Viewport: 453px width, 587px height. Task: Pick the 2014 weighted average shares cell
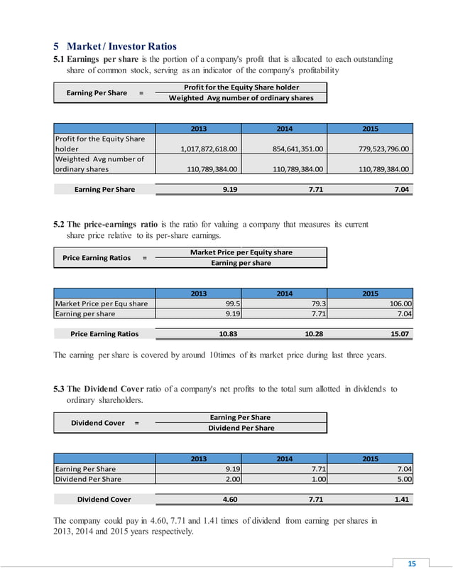coord(289,170)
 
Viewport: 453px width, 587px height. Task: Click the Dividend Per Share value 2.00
coord(228,479)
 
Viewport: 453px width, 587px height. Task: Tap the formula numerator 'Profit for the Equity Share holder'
coord(241,87)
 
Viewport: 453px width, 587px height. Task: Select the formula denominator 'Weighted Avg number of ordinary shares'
coord(241,98)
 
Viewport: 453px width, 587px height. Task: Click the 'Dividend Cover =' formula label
coord(104,422)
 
